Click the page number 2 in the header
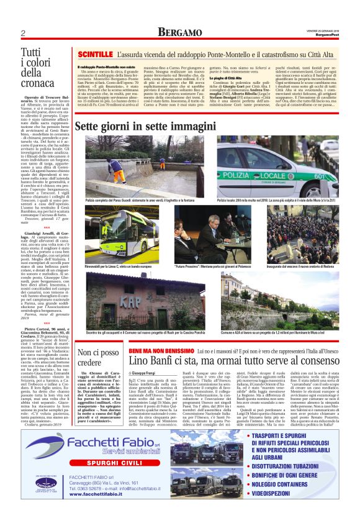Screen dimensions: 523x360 (23, 33)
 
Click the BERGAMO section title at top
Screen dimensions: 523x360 (179, 32)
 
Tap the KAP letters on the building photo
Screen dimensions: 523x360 (128, 299)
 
